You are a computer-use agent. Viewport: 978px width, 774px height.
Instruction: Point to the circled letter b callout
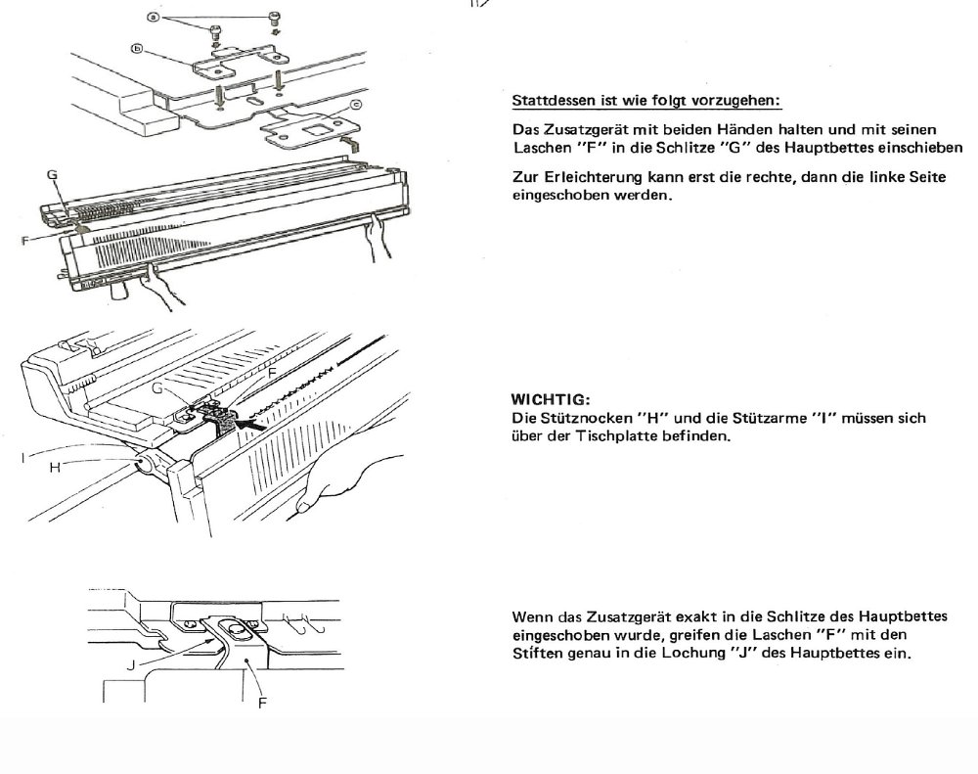pyautogui.click(x=138, y=47)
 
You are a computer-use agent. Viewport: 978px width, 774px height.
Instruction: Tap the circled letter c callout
pyautogui.click(x=355, y=104)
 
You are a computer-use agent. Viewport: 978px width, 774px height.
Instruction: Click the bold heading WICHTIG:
pyautogui.click(x=550, y=400)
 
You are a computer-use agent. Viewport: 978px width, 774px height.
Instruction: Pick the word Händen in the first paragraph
pyautogui.click(x=753, y=130)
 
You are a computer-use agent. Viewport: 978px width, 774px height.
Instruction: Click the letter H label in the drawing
pyautogui.click(x=56, y=467)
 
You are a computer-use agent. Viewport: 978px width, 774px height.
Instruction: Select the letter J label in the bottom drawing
pyautogui.click(x=130, y=662)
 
